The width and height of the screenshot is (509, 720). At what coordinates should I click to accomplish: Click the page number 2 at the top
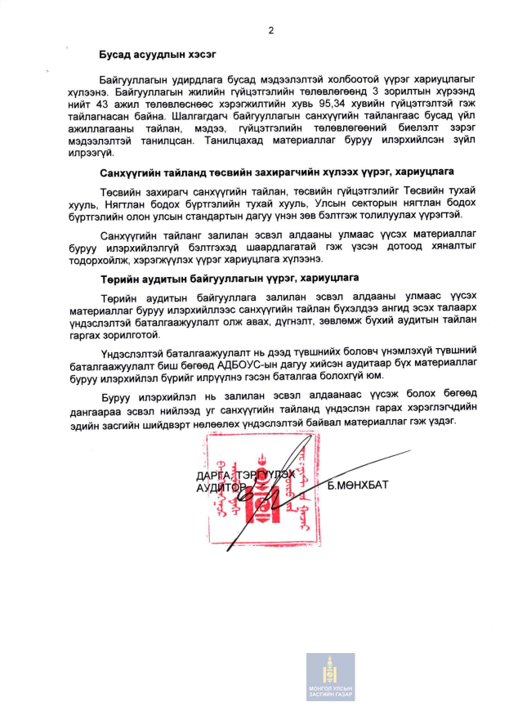tap(270, 30)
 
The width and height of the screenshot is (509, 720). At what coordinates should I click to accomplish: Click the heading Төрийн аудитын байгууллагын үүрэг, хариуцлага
tap(230, 279)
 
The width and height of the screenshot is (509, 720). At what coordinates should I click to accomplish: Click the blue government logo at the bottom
tap(330, 677)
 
